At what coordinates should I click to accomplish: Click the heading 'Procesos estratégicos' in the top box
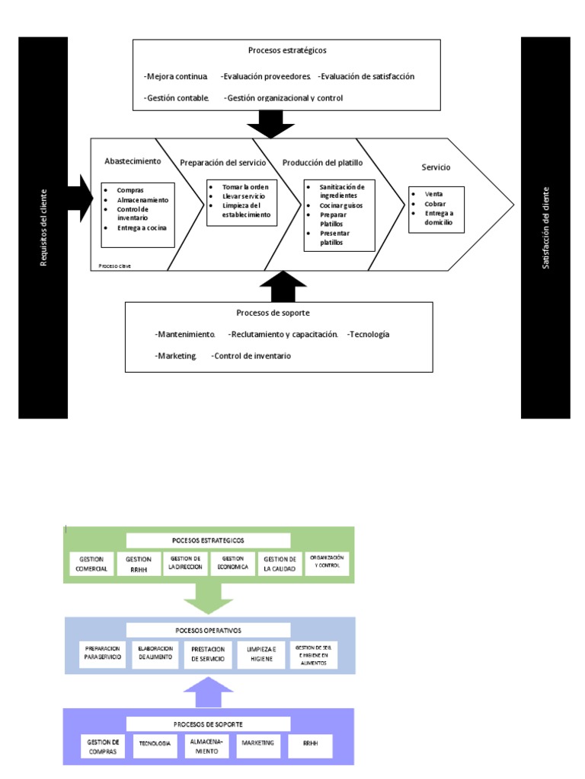pos(287,50)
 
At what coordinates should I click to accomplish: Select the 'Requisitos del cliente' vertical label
pos(43,227)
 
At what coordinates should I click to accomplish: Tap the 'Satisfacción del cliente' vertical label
pos(545,227)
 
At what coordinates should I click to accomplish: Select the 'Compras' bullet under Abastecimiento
pos(130,189)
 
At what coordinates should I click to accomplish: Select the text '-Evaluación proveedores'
pos(266,76)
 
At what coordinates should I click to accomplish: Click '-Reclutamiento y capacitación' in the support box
pos(283,334)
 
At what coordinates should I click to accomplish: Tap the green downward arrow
pos(209,598)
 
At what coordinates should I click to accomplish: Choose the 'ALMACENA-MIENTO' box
pos(206,746)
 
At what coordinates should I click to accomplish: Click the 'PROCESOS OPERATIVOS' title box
pos(208,630)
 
